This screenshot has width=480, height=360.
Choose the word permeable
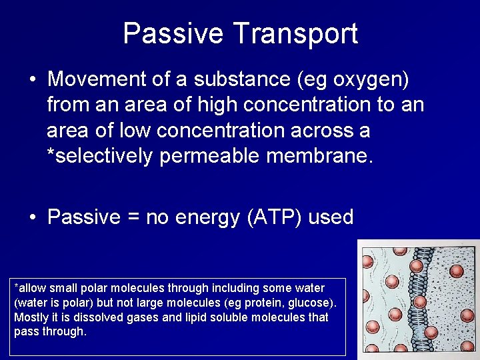[x=213, y=156]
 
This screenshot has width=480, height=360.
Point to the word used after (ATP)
[x=331, y=217]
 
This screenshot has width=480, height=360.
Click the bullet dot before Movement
[x=32, y=79]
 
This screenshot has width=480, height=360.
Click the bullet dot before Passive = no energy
[x=32, y=217]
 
